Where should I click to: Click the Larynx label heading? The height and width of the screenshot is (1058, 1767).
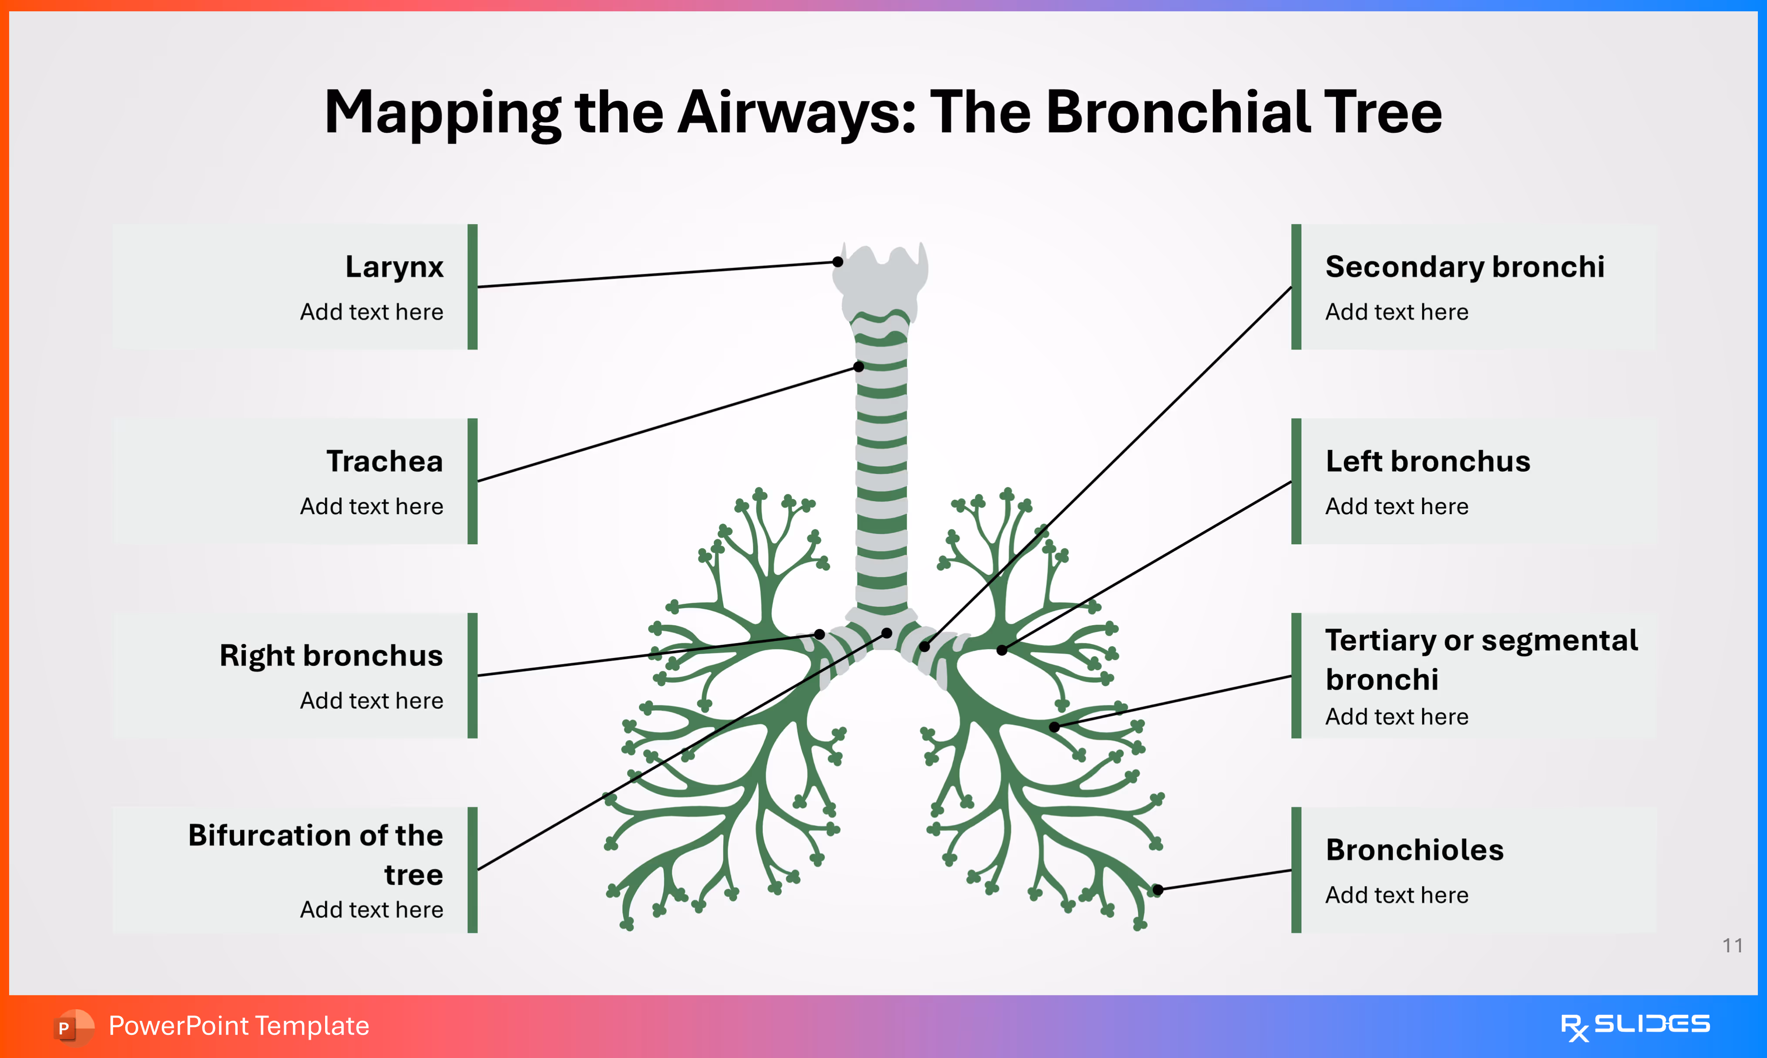coord(394,266)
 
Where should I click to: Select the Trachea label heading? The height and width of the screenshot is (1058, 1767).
coord(385,461)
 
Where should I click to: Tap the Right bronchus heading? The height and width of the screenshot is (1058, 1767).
coord(331,655)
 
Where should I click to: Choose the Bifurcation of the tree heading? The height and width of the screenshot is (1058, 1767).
coord(316,854)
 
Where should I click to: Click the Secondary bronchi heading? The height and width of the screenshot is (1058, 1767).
coord(1464,266)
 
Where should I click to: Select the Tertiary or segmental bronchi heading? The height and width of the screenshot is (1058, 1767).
coord(1481,660)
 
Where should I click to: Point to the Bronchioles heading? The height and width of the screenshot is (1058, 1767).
coord(1414,850)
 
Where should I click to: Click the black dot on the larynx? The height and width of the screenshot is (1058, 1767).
coord(838,262)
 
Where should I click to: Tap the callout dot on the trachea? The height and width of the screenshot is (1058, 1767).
coord(859,367)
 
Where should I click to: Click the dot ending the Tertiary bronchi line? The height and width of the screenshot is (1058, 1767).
coord(1054,727)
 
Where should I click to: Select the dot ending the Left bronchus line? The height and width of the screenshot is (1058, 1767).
coord(1002,650)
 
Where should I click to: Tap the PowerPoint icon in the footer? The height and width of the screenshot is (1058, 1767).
coord(72,1027)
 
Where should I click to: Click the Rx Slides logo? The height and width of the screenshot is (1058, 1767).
coord(1635,1026)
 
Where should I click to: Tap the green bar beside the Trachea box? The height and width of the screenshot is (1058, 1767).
coord(472,481)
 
